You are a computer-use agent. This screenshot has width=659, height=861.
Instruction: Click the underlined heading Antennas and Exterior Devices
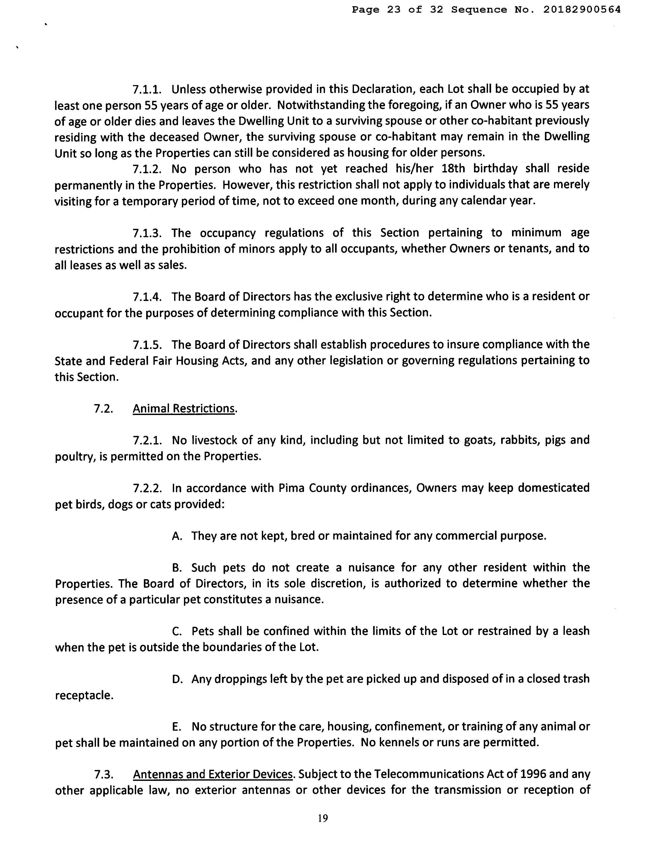pos(213,774)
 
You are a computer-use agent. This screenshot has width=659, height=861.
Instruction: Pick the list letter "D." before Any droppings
pos(177,679)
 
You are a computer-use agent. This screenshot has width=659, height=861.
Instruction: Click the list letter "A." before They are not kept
pos(177,536)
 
